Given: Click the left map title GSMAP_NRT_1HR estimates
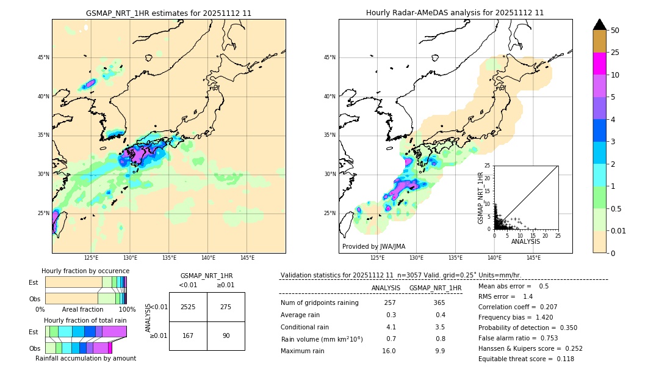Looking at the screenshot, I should point(168,13).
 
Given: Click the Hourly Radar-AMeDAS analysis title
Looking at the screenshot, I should point(455,13).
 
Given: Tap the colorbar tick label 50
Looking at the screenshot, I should point(615,31).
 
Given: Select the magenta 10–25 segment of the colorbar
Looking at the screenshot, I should point(599,64).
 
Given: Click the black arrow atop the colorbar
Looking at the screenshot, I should point(599,24).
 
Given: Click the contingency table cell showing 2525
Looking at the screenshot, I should point(188,307).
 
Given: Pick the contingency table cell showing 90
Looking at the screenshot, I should point(226,335).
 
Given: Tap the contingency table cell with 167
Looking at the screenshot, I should point(188,335).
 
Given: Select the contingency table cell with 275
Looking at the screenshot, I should point(226,307).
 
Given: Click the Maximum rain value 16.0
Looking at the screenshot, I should point(390,351).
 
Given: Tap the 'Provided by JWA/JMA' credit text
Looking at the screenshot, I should point(373,247).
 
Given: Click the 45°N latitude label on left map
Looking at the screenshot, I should point(43,57).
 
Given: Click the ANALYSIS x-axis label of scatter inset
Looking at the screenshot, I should point(525,241).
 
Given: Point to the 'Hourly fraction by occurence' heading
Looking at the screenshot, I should point(85,271).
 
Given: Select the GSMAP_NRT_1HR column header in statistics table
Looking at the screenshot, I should point(435,288).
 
